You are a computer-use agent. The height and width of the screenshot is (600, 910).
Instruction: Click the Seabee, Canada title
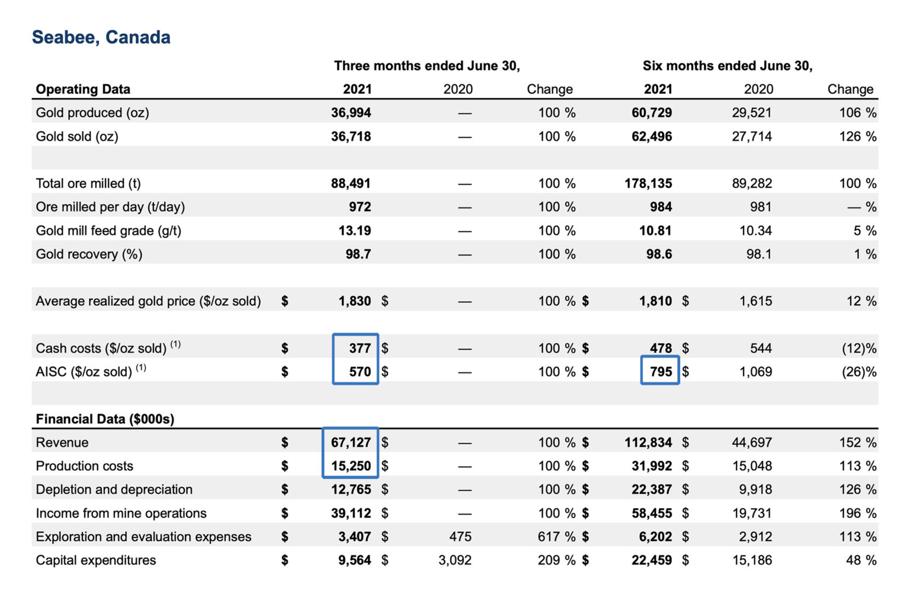tap(101, 37)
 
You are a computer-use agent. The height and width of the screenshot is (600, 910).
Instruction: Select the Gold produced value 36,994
tap(351, 113)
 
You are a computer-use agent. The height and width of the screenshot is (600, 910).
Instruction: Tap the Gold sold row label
tap(77, 136)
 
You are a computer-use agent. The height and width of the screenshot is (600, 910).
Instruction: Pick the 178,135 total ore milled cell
tap(648, 183)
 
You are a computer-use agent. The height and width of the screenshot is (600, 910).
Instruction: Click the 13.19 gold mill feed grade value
tap(354, 231)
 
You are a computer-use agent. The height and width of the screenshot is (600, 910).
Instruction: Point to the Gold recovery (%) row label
tap(89, 254)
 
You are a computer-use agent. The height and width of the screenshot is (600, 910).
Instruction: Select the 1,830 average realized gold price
tap(354, 301)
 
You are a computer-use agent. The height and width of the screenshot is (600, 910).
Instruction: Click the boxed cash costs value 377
tap(359, 348)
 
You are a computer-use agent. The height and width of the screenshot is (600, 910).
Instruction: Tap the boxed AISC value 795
tap(661, 372)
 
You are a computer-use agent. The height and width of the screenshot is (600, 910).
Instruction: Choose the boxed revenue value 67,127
tap(351, 442)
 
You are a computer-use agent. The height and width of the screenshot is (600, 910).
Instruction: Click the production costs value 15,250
tap(351, 466)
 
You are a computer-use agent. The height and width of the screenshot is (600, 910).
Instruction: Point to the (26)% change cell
tap(858, 372)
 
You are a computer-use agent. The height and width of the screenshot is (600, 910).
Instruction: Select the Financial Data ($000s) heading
tap(105, 419)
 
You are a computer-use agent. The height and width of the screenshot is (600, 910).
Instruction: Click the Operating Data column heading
tap(83, 90)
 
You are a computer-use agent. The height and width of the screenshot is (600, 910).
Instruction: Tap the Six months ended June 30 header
tap(727, 66)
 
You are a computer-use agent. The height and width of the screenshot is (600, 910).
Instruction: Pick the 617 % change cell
tap(556, 537)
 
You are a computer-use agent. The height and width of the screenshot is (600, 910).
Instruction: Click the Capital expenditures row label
tap(96, 560)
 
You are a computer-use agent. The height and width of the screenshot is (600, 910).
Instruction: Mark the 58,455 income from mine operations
tap(652, 513)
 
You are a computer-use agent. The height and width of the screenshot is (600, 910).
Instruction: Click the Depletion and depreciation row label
tap(114, 490)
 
